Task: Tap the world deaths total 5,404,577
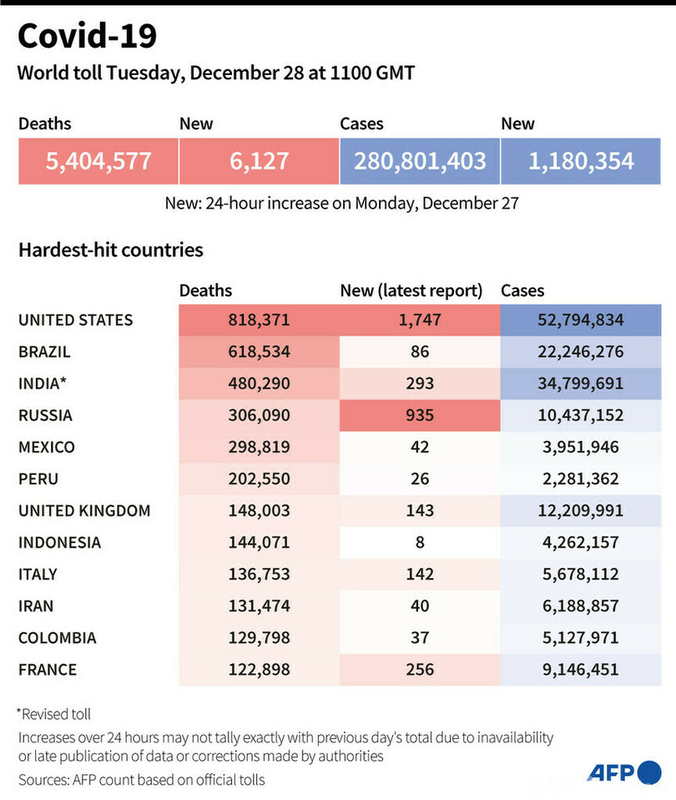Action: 98,161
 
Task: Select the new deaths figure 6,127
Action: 259,161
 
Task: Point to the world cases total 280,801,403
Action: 420,161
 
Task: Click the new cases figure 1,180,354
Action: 581,161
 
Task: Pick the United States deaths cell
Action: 259,320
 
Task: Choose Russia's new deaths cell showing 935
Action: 420,415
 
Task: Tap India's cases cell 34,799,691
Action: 581,383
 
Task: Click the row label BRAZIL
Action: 44,352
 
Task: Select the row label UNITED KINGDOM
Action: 84,510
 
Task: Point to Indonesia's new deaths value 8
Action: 420,542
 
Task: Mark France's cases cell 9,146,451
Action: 581,669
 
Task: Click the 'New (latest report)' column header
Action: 411,291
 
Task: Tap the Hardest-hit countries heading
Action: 111,250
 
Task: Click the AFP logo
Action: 623,772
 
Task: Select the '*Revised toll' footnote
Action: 54,714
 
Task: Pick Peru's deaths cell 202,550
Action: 259,478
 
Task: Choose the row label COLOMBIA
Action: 57,637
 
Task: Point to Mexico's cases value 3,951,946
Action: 581,447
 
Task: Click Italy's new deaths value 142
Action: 420,574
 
